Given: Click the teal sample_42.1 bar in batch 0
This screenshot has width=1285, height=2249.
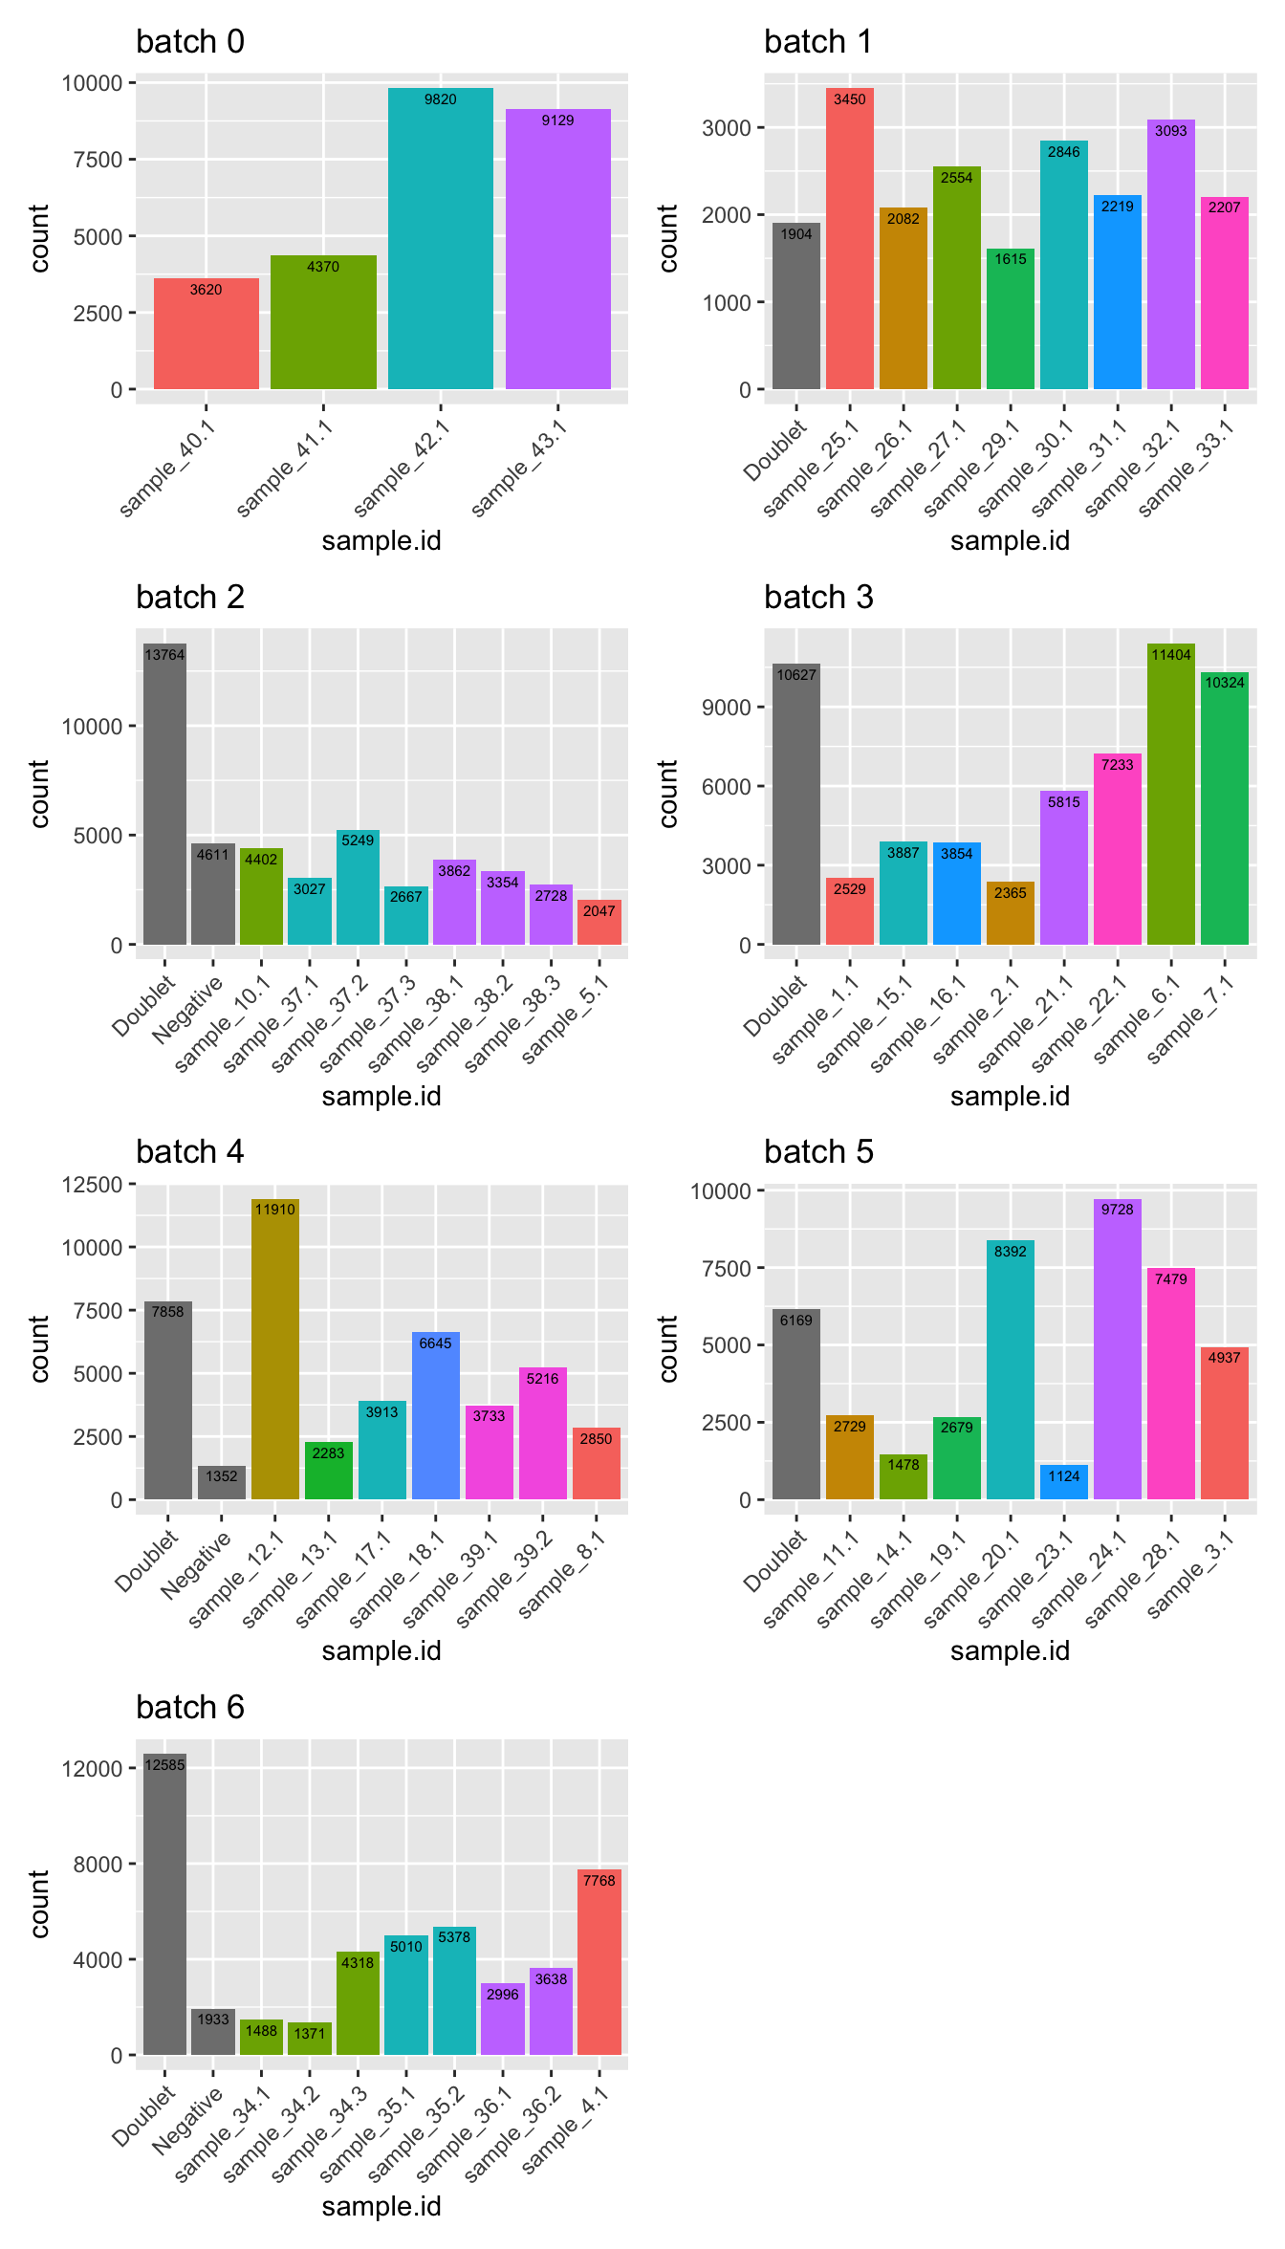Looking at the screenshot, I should [x=440, y=239].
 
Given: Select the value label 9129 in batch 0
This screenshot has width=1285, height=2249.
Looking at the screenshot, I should [x=557, y=120].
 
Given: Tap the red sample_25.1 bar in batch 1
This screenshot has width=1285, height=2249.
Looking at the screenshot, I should [x=849, y=239].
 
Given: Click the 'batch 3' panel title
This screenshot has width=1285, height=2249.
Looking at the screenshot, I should [x=818, y=598].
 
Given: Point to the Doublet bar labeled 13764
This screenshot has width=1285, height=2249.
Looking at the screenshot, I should [x=164, y=794].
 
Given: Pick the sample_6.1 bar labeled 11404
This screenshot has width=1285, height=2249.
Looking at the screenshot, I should [x=1170, y=794].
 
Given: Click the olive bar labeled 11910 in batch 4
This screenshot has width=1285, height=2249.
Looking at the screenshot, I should [x=274, y=1348].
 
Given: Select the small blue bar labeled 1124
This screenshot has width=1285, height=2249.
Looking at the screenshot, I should [x=1063, y=1482].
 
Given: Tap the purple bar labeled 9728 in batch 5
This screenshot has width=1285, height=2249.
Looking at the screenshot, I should [x=1117, y=1348].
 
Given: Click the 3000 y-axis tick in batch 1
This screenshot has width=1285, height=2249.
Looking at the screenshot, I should [x=726, y=128].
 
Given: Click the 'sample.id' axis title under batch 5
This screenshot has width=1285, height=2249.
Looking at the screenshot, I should [x=1010, y=1651].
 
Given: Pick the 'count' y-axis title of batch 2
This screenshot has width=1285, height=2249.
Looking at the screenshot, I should [x=39, y=794].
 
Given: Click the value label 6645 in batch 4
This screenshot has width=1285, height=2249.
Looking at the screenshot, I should [x=435, y=1343].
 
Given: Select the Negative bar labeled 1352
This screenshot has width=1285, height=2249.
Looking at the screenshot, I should [x=221, y=1483].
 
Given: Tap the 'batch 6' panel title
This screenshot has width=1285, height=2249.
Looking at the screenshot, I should [x=190, y=1708].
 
